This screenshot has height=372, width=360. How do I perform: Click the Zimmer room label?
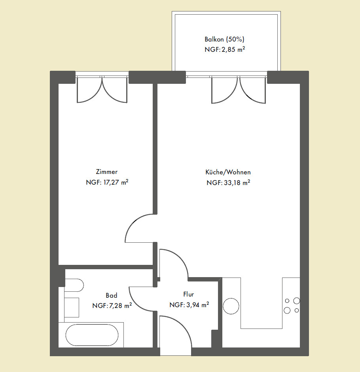pyautogui.click(x=107, y=172)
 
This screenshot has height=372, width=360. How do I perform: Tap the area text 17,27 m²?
pyautogui.click(x=116, y=182)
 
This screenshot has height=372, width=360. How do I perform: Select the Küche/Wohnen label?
pyautogui.click(x=228, y=172)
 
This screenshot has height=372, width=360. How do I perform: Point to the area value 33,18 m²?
pyautogui.click(x=237, y=183)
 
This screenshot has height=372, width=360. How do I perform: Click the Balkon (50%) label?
pyautogui.click(x=224, y=39)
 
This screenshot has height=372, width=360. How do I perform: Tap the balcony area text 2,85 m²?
pyautogui.click(x=233, y=49)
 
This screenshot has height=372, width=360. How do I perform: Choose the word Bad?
pyautogui.click(x=112, y=295)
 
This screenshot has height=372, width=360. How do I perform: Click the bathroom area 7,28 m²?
pyautogui.click(x=120, y=306)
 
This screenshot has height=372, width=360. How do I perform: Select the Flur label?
pyautogui.click(x=189, y=294)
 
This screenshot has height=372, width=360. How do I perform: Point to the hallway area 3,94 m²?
pyautogui.click(x=197, y=305)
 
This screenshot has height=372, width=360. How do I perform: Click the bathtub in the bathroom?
pyautogui.click(x=92, y=335)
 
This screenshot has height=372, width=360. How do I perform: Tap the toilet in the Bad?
pyautogui.click(x=74, y=285)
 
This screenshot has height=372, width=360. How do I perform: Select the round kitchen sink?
pyautogui.click(x=231, y=306)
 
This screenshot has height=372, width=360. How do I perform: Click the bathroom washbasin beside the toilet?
pyautogui.click(x=72, y=308)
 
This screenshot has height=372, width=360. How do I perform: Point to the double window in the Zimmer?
pyautogui.click(x=102, y=89)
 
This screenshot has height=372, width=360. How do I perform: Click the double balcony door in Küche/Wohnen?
pyautogui.click(x=239, y=90)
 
